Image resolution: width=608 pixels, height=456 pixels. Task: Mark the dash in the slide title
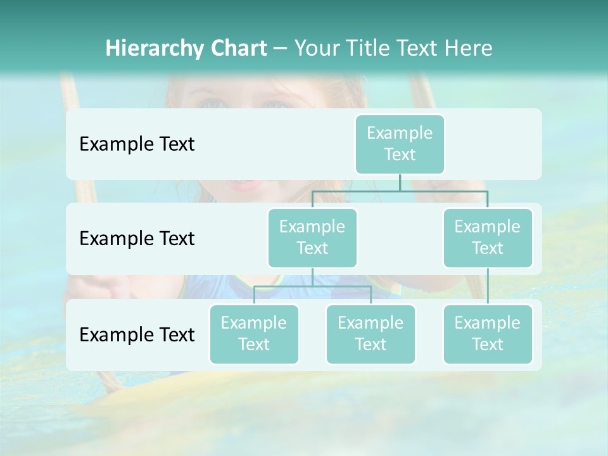(281, 49)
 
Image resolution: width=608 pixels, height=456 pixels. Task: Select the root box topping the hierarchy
(400, 144)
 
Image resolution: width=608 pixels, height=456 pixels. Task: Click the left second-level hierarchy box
(312, 237)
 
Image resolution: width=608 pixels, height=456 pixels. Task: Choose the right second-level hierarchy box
(488, 237)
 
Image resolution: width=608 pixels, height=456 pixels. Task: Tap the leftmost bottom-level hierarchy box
(254, 334)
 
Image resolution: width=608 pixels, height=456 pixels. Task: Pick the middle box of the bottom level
(370, 334)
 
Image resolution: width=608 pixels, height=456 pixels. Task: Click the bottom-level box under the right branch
(488, 334)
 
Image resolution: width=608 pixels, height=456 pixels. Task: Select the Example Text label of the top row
(137, 144)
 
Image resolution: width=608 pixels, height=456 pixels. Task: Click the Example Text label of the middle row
(137, 238)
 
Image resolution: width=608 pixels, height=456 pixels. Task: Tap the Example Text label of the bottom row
(137, 334)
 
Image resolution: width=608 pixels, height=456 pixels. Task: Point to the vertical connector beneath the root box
(400, 182)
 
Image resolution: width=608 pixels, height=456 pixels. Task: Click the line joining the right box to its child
(488, 286)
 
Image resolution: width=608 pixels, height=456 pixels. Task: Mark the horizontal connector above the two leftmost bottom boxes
(312, 286)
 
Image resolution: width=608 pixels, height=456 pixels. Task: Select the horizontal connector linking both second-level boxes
(400, 190)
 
